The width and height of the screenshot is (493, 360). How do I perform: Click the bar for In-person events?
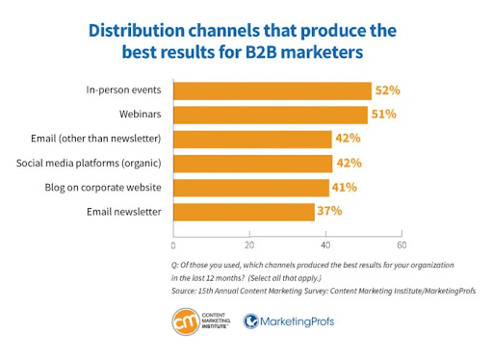272,90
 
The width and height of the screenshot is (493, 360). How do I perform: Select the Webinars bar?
271,115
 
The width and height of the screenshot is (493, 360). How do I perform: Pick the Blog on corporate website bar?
251,186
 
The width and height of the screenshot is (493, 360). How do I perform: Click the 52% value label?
388,90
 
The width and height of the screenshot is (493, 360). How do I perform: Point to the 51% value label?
384,115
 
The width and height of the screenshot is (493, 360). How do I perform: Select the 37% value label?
330,209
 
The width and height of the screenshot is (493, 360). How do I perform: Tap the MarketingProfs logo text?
298,321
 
